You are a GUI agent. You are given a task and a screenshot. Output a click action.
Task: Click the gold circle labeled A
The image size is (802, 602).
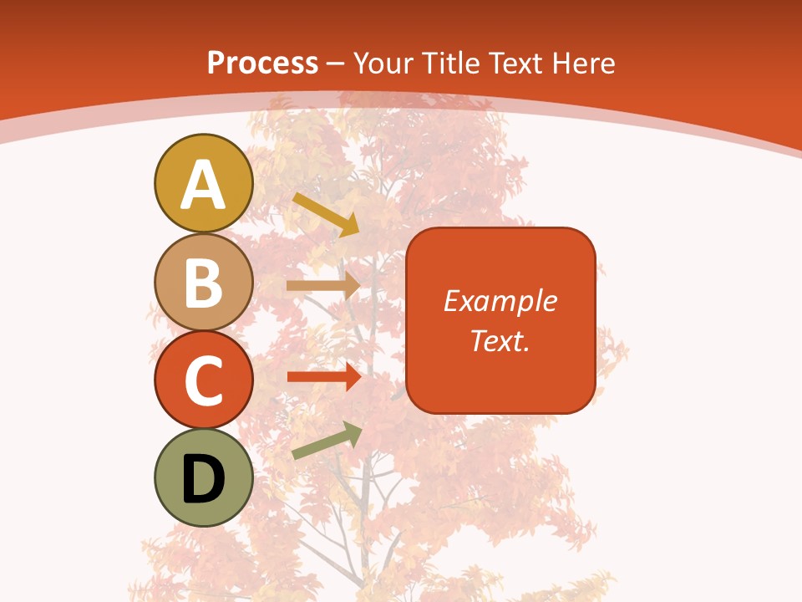pyautogui.click(x=203, y=182)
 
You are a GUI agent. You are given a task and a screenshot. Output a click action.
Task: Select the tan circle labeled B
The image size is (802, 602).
pyautogui.click(x=203, y=283)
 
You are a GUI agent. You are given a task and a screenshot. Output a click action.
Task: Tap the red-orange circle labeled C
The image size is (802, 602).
pyautogui.click(x=203, y=380)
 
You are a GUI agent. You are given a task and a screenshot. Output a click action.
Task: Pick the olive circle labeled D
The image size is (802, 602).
pyautogui.click(x=203, y=477)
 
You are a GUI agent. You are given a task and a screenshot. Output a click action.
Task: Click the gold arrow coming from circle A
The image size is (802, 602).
pyautogui.click(x=326, y=214)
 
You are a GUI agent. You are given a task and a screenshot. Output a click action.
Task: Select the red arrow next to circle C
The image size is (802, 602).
pyautogui.click(x=323, y=377)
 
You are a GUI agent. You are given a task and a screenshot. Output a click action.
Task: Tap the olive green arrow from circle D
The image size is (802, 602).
pyautogui.click(x=327, y=441)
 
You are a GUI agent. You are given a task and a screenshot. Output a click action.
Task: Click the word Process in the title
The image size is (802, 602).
pyautogui.click(x=262, y=63)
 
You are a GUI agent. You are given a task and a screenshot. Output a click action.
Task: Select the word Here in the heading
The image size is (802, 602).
pyautogui.click(x=583, y=63)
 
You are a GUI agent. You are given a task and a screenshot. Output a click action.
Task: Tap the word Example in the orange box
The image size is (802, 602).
pyautogui.click(x=500, y=301)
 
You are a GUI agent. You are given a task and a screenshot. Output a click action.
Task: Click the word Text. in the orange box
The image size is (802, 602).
pyautogui.click(x=500, y=340)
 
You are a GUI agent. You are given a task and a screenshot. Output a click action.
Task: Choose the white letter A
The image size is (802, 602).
pyautogui.click(x=203, y=185)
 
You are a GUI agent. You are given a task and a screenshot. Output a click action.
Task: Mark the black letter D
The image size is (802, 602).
pyautogui.click(x=203, y=480)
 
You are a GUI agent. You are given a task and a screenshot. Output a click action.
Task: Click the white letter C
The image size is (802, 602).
pyautogui.click(x=203, y=381)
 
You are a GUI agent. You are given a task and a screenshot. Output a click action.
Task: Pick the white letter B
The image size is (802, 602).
pyautogui.click(x=203, y=283)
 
